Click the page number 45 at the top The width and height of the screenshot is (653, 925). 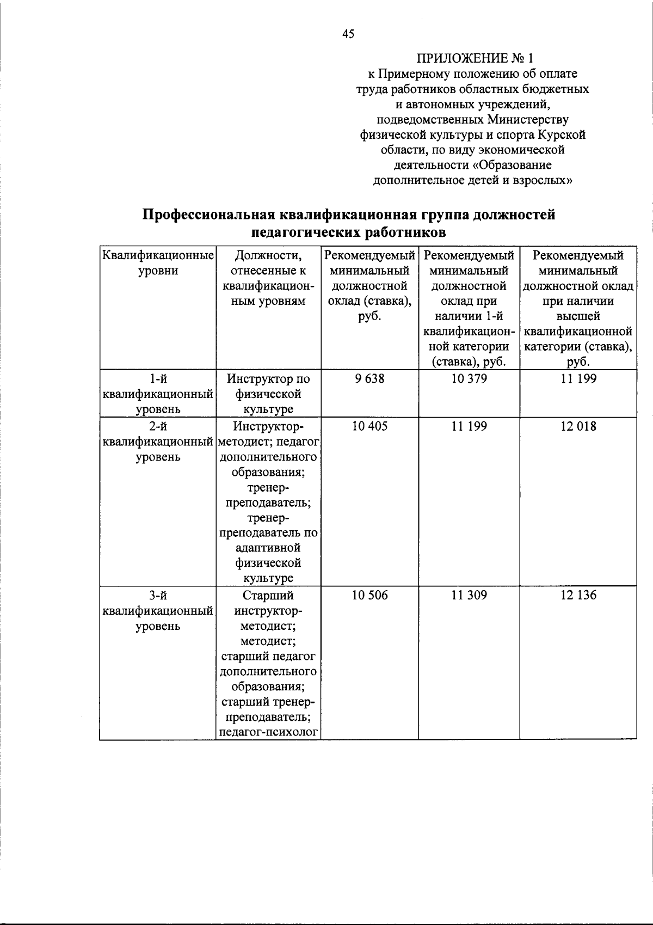pos(348,34)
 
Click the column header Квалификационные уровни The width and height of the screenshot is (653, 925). pos(158,262)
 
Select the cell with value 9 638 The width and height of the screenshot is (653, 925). pos(369,378)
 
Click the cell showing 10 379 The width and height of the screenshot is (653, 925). pos(469,378)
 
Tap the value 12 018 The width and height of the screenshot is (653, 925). pos(578,426)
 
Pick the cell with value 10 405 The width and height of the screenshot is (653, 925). pos(369,426)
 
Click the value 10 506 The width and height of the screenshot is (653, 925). pos(369,595)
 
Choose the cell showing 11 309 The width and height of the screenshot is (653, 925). pos(469,595)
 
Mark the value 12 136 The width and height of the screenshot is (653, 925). pos(578,595)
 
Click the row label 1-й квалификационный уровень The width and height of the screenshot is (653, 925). pos(158,394)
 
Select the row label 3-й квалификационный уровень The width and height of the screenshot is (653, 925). pos(158,610)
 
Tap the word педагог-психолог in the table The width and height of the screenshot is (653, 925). pos(268,732)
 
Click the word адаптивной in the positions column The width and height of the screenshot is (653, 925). pos(268,547)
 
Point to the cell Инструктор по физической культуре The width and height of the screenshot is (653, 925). pos(268,394)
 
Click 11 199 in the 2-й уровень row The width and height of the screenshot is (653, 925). pos(469,426)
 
